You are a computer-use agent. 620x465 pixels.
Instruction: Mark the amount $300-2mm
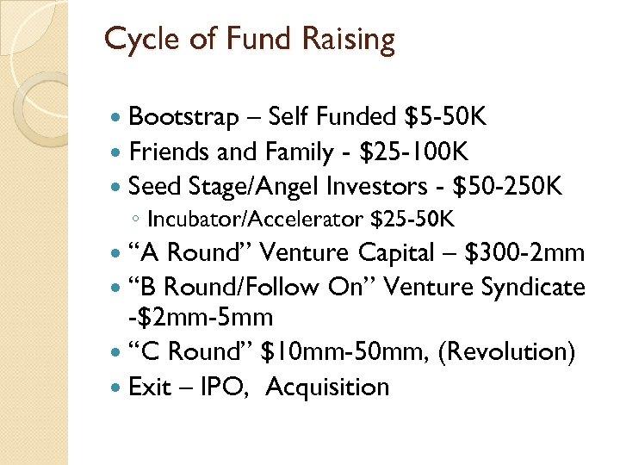pos(524,252)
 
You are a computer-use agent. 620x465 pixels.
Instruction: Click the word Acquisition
pos(327,387)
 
